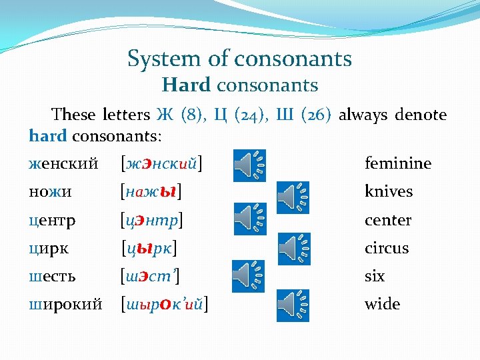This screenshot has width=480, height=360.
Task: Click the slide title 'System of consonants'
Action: [239, 59]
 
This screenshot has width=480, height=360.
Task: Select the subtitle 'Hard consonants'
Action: [239, 85]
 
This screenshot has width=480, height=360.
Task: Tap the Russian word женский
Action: [63, 163]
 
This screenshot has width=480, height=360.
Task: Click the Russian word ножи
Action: [51, 191]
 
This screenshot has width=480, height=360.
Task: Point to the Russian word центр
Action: [52, 220]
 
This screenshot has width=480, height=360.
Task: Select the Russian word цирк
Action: [48, 248]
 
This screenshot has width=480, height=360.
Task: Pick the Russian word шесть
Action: [53, 276]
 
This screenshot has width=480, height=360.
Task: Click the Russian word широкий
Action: [65, 304]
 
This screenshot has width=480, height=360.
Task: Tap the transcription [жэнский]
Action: [163, 163]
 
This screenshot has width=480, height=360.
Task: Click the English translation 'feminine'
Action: [397, 163]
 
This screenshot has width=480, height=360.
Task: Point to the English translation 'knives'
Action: [388, 191]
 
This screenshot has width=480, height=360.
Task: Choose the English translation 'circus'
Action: [386, 248]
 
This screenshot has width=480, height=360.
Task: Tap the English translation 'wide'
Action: [382, 304]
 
